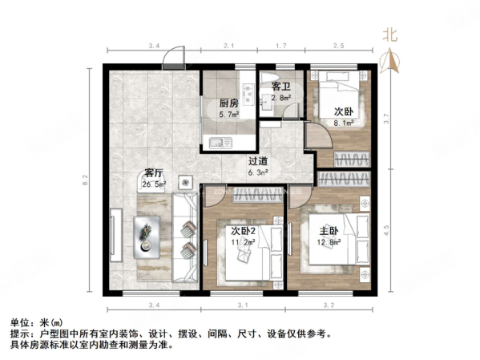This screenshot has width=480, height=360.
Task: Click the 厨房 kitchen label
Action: [228, 103]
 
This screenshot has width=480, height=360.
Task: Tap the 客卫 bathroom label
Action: [280, 85]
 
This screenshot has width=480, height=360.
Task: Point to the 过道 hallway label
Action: [256, 160]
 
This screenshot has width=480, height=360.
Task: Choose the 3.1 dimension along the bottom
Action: [244, 305]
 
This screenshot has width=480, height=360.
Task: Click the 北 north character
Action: [390, 34]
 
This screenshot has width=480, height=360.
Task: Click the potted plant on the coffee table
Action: [146, 232]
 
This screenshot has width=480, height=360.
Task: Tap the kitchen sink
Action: [218, 144]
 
